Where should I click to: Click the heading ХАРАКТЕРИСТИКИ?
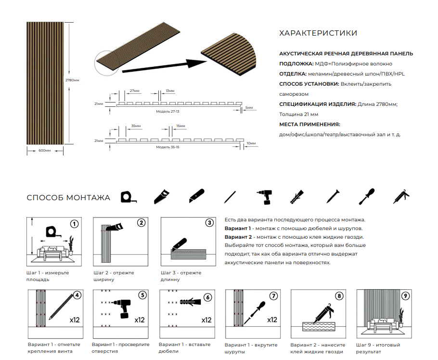tap(318, 33)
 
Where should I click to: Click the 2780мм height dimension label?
tap(72, 80)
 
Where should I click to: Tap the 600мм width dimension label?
tap(44, 151)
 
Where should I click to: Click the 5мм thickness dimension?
tap(249, 107)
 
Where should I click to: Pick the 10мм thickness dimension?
tap(250, 143)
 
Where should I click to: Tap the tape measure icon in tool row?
tap(128, 197)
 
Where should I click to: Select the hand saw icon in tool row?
tap(161, 196)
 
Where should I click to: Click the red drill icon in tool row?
tap(264, 197)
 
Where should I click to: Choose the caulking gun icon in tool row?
tap(401, 197)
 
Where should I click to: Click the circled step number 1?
tap(74, 223)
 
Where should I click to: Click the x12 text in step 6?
tap(206, 320)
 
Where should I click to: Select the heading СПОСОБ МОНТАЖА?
tap(68, 198)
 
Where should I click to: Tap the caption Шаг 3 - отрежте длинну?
tap(181, 276)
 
